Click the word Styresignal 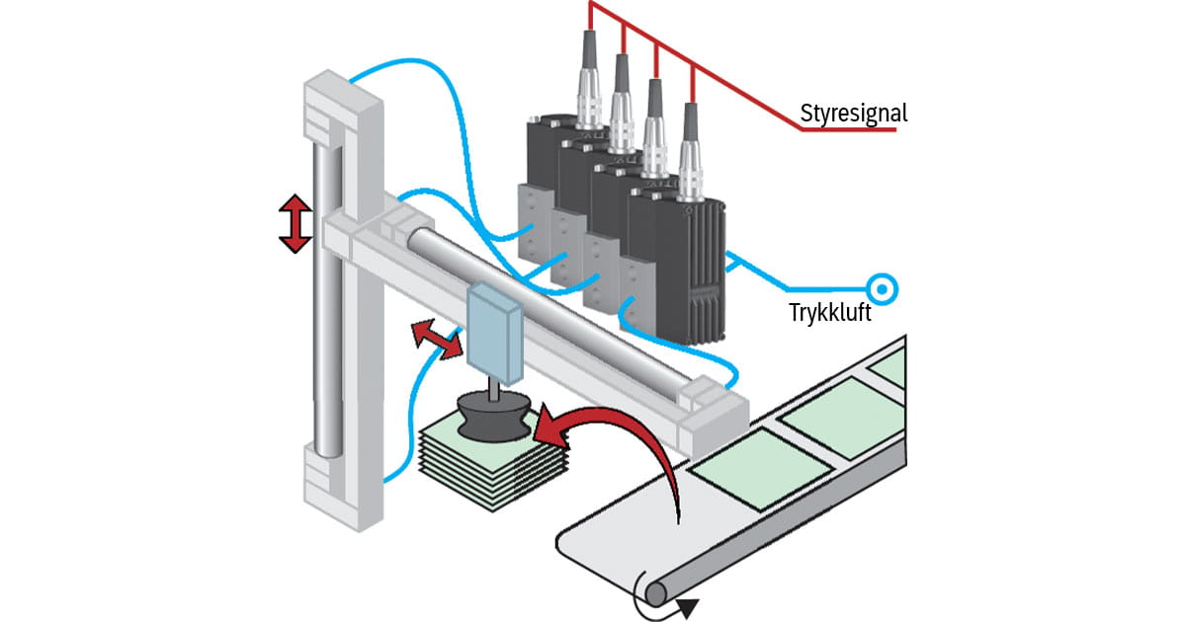(854, 114)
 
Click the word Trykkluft (829, 312)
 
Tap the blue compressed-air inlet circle (882, 289)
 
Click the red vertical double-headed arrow (296, 224)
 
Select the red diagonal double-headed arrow (437, 339)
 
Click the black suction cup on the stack (493, 416)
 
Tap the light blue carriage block (495, 334)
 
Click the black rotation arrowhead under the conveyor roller (687, 608)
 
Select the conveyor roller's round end (656, 594)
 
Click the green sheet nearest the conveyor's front (761, 469)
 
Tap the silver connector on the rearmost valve (589, 95)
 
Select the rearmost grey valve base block (536, 223)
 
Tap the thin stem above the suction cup (493, 389)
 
